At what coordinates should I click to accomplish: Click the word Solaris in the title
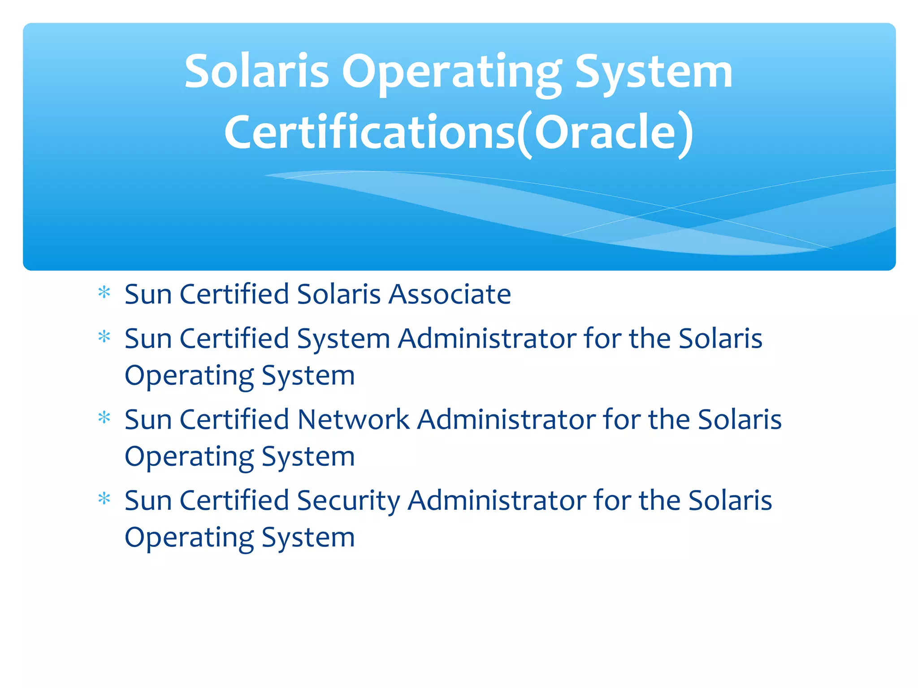(257, 72)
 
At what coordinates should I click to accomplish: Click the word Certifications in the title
(370, 132)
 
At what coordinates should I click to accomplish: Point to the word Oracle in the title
(605, 132)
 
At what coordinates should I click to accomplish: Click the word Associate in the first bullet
(450, 294)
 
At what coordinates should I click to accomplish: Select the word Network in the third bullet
(353, 420)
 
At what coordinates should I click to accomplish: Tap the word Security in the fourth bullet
(348, 501)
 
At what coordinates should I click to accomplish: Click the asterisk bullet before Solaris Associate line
(104, 293)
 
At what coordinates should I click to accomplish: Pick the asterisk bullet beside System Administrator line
(104, 337)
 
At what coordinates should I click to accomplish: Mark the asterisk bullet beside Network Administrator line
(104, 418)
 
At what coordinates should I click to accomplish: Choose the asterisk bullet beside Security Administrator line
(104, 499)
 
